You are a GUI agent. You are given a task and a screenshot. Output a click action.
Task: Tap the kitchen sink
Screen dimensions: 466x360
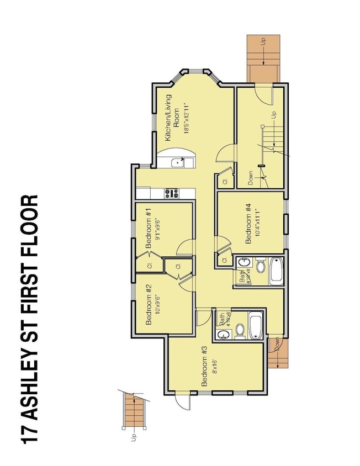tap(178, 162)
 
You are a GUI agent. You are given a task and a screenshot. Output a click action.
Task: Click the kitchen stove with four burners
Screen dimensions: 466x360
tap(171, 193)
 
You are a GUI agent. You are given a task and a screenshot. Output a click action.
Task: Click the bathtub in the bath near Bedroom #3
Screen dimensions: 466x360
tap(256, 326)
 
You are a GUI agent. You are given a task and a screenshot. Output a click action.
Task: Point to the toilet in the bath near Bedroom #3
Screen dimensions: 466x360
tap(240, 331)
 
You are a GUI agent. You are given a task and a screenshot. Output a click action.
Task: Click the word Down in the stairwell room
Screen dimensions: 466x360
tap(251, 177)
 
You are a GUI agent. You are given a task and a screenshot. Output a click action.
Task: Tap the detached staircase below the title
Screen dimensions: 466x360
tap(133, 411)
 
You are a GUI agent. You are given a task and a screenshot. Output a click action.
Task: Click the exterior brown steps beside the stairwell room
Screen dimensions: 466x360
tap(263, 58)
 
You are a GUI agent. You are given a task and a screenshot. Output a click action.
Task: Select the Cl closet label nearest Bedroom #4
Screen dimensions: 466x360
tap(224, 260)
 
